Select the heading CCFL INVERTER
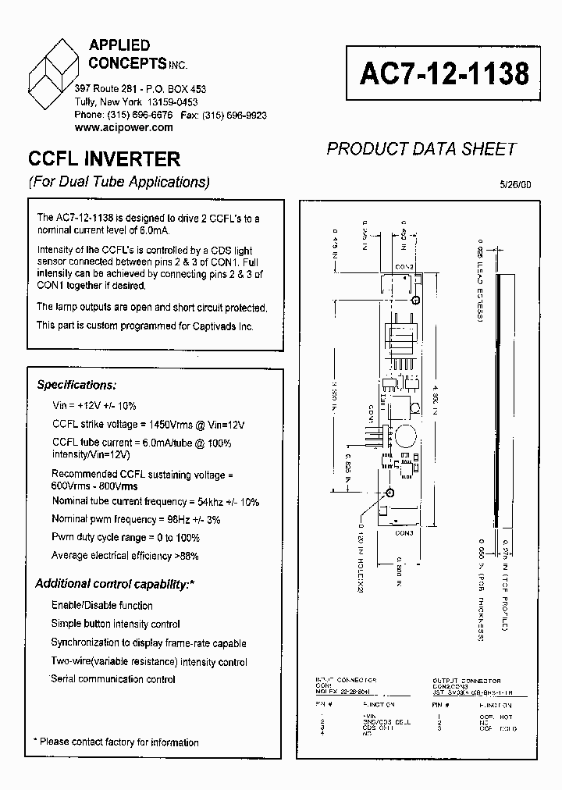[104, 159]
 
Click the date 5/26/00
[514, 185]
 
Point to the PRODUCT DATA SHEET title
[421, 149]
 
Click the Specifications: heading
[77, 385]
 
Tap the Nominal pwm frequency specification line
[136, 518]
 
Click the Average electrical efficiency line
[125, 556]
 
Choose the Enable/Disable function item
[102, 605]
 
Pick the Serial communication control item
[113, 679]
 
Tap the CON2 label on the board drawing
[404, 267]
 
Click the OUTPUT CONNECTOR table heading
[467, 681]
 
